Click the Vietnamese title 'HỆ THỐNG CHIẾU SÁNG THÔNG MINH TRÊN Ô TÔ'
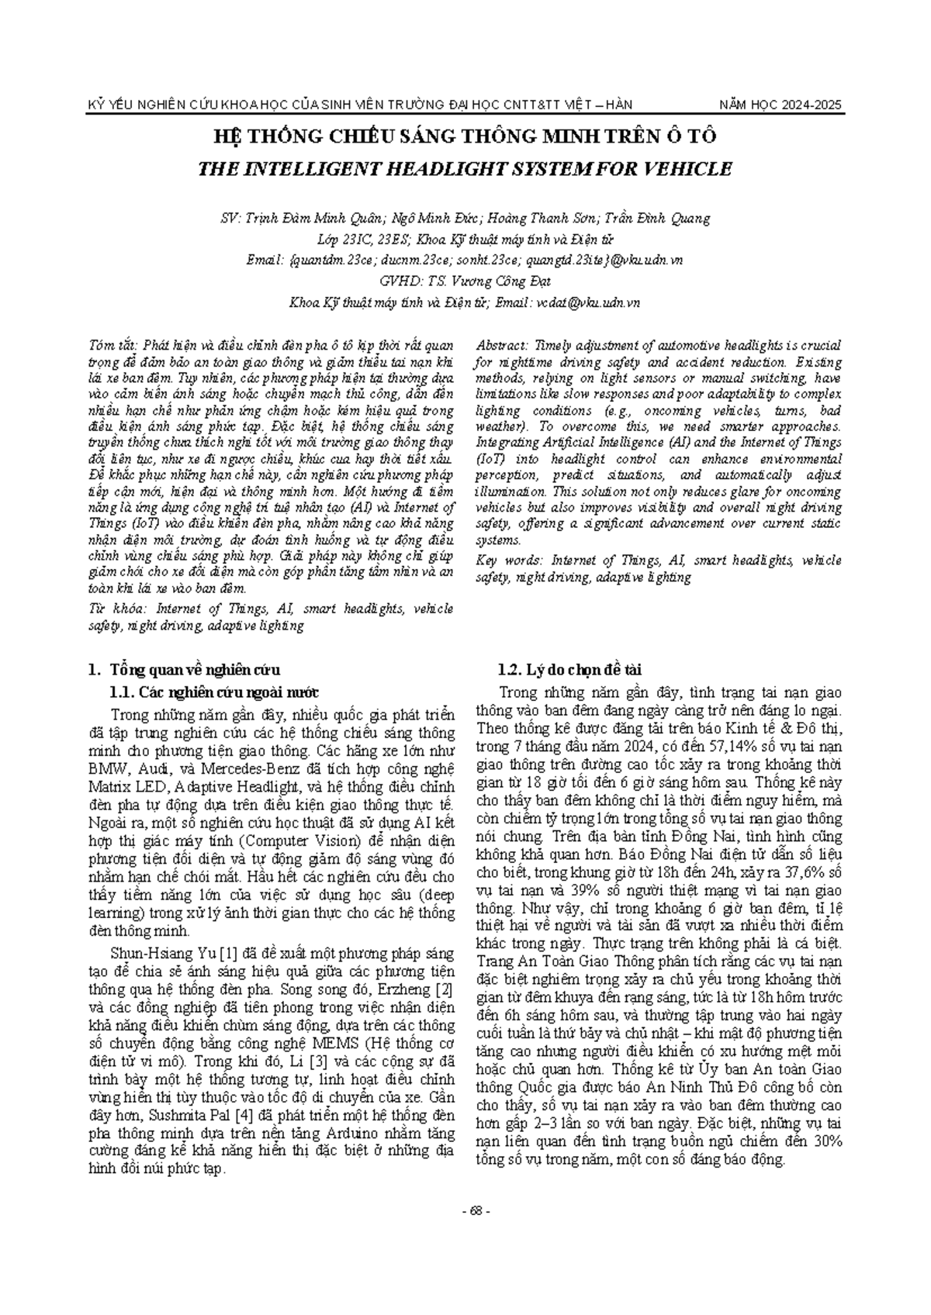coord(465,137)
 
